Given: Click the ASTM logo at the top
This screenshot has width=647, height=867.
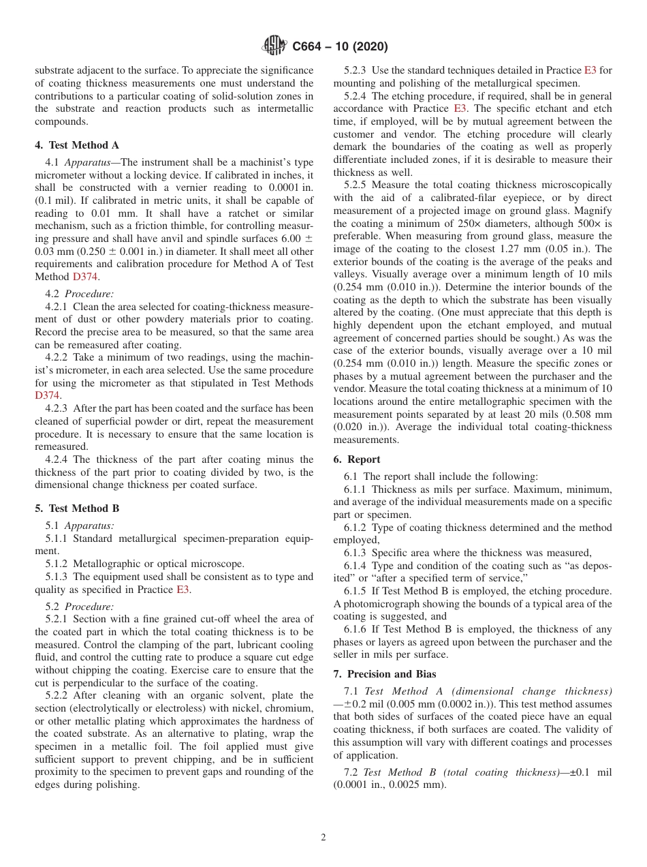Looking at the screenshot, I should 274,46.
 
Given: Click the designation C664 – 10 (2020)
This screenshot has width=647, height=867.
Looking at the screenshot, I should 340,47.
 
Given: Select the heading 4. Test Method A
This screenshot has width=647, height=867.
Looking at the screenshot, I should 77,145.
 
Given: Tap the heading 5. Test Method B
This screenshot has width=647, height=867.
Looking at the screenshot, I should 77,508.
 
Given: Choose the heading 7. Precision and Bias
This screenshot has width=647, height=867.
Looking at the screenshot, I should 385,674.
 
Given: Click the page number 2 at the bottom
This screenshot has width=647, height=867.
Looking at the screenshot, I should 323,838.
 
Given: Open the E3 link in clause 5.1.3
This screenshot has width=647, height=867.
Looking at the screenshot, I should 183,590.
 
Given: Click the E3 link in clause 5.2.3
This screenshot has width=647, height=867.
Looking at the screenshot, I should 590,70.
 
